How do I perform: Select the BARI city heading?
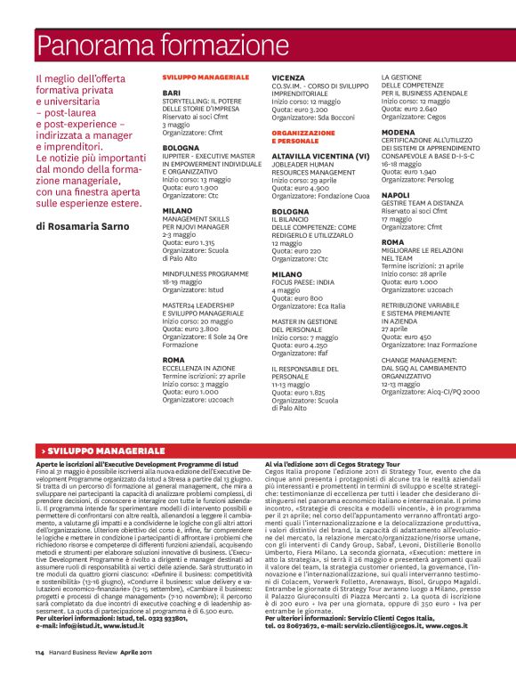click(173, 93)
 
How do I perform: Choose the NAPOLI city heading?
click(396, 194)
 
